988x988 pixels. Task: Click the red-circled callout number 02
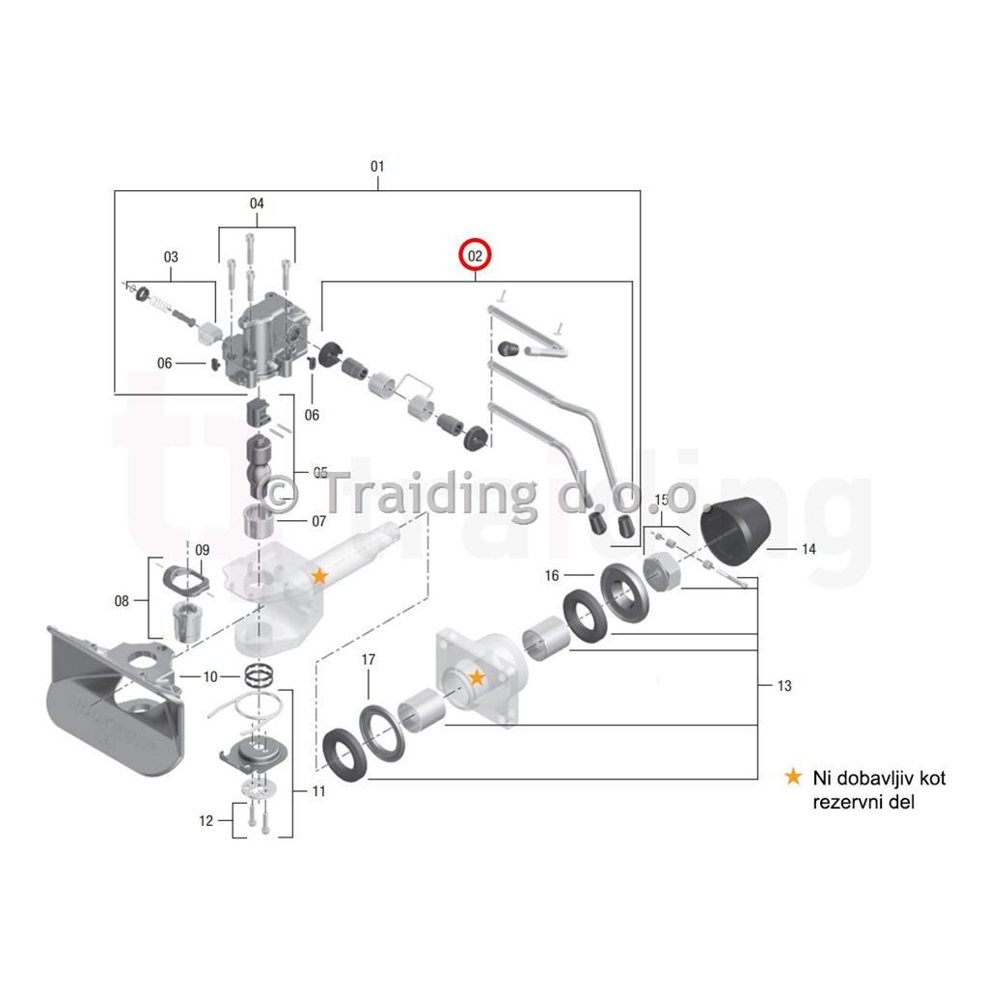475,256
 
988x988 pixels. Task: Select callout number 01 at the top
377,166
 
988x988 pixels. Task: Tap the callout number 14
809,549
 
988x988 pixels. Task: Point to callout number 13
784,686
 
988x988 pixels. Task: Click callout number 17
369,660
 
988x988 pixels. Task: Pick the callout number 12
206,821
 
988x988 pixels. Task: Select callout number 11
318,791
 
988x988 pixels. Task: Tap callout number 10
210,676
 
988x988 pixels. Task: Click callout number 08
122,601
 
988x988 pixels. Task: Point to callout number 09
203,550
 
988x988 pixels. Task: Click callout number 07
318,521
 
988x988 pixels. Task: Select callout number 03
171,257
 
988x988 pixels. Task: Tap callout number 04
257,204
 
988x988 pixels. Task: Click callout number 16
552,575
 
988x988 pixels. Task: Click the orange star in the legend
793,777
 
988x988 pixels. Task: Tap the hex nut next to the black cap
662,571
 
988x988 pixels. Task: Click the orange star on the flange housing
477,677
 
